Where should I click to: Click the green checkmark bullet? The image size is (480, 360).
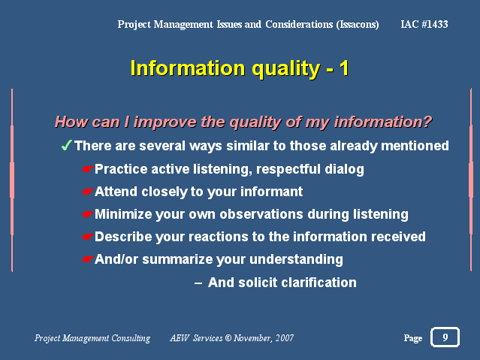click(x=66, y=145)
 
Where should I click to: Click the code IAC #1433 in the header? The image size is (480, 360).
click(x=424, y=24)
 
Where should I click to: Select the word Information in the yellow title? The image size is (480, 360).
click(x=188, y=68)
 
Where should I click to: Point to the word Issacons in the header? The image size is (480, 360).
click(x=358, y=25)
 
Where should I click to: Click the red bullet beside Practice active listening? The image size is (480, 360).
click(x=88, y=169)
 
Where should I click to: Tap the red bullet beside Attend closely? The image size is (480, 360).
click(x=88, y=192)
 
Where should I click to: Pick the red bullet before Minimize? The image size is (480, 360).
click(x=88, y=214)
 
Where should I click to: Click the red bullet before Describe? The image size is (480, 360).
click(x=88, y=237)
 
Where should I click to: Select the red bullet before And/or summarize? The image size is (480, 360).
click(x=88, y=259)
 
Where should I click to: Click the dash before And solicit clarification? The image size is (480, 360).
click(x=198, y=283)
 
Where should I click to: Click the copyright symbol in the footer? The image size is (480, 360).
click(x=228, y=337)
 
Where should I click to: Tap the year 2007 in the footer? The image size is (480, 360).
click(x=285, y=337)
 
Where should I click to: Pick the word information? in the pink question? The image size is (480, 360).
click(x=382, y=122)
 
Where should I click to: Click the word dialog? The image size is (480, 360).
click(x=344, y=169)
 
